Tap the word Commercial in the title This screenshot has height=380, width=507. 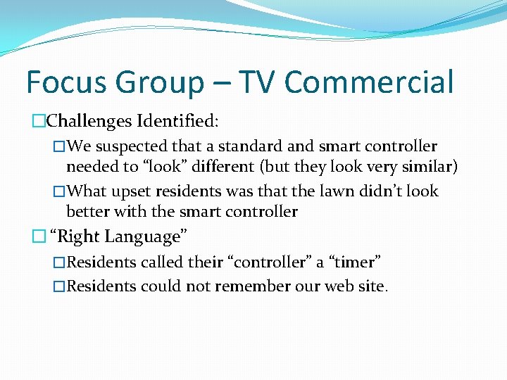pyautogui.click(x=369, y=82)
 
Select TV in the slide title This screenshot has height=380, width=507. pyautogui.click(x=258, y=82)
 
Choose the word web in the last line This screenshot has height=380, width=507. pyautogui.click(x=344, y=286)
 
